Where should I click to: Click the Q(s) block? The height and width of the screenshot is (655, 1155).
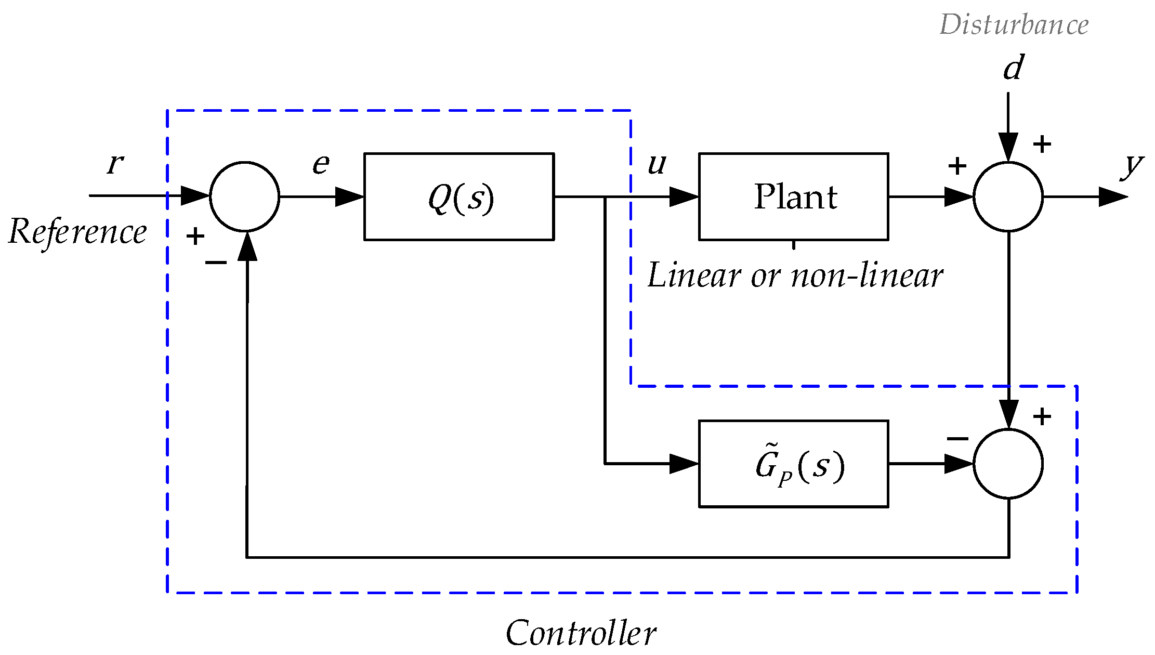click(x=459, y=197)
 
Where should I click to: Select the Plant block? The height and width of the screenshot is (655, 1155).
click(x=793, y=197)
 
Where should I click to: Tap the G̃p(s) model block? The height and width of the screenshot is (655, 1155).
click(x=793, y=464)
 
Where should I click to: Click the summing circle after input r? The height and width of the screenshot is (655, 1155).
click(x=244, y=197)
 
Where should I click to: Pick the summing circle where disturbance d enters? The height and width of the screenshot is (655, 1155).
click(x=1008, y=197)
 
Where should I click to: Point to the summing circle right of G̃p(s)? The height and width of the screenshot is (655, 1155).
click(x=1008, y=464)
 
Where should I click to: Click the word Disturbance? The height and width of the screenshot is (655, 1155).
click(x=1014, y=24)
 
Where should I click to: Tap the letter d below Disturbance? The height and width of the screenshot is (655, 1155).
click(x=1013, y=68)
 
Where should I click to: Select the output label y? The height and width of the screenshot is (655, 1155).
click(x=1131, y=165)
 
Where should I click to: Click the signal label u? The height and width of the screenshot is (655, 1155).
click(x=657, y=164)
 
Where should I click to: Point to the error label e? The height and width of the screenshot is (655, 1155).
click(x=321, y=164)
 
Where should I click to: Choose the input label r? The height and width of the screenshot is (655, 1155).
click(x=115, y=164)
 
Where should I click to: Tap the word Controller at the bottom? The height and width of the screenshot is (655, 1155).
click(x=581, y=633)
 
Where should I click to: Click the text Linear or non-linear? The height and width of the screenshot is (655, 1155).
click(x=795, y=275)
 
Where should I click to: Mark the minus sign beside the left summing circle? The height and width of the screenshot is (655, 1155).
click(x=216, y=263)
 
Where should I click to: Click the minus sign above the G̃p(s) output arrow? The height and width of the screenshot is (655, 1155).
click(x=957, y=439)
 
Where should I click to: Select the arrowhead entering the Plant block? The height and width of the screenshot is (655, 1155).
click(x=684, y=197)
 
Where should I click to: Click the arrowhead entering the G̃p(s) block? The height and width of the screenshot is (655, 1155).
click(x=684, y=464)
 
